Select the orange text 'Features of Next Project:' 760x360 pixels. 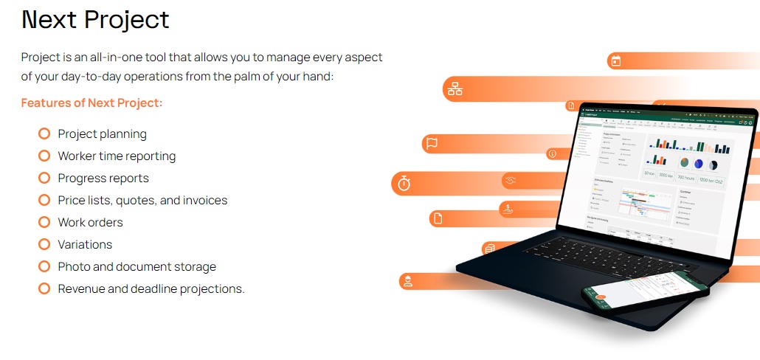91,103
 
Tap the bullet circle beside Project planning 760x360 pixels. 44,134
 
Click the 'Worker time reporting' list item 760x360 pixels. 117,156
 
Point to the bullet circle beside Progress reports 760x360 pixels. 44,178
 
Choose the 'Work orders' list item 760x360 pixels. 90,222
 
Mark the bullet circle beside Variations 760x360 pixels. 44,244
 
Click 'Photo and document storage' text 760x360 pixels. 137,266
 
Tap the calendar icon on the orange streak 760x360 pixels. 616,60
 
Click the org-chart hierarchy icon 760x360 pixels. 455,89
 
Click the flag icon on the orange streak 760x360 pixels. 432,144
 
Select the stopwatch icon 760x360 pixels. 404,182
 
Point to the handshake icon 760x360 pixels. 509,180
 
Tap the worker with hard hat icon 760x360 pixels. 407,281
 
